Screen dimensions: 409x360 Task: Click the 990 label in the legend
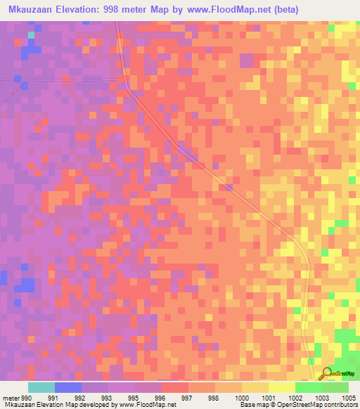click(27, 397)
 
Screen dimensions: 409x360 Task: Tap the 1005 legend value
click(348, 397)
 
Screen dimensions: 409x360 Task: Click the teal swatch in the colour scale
click(41, 387)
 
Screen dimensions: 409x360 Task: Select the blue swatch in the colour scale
click(68, 387)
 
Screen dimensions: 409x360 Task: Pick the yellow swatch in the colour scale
click(282, 387)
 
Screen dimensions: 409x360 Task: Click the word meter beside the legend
click(11, 397)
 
